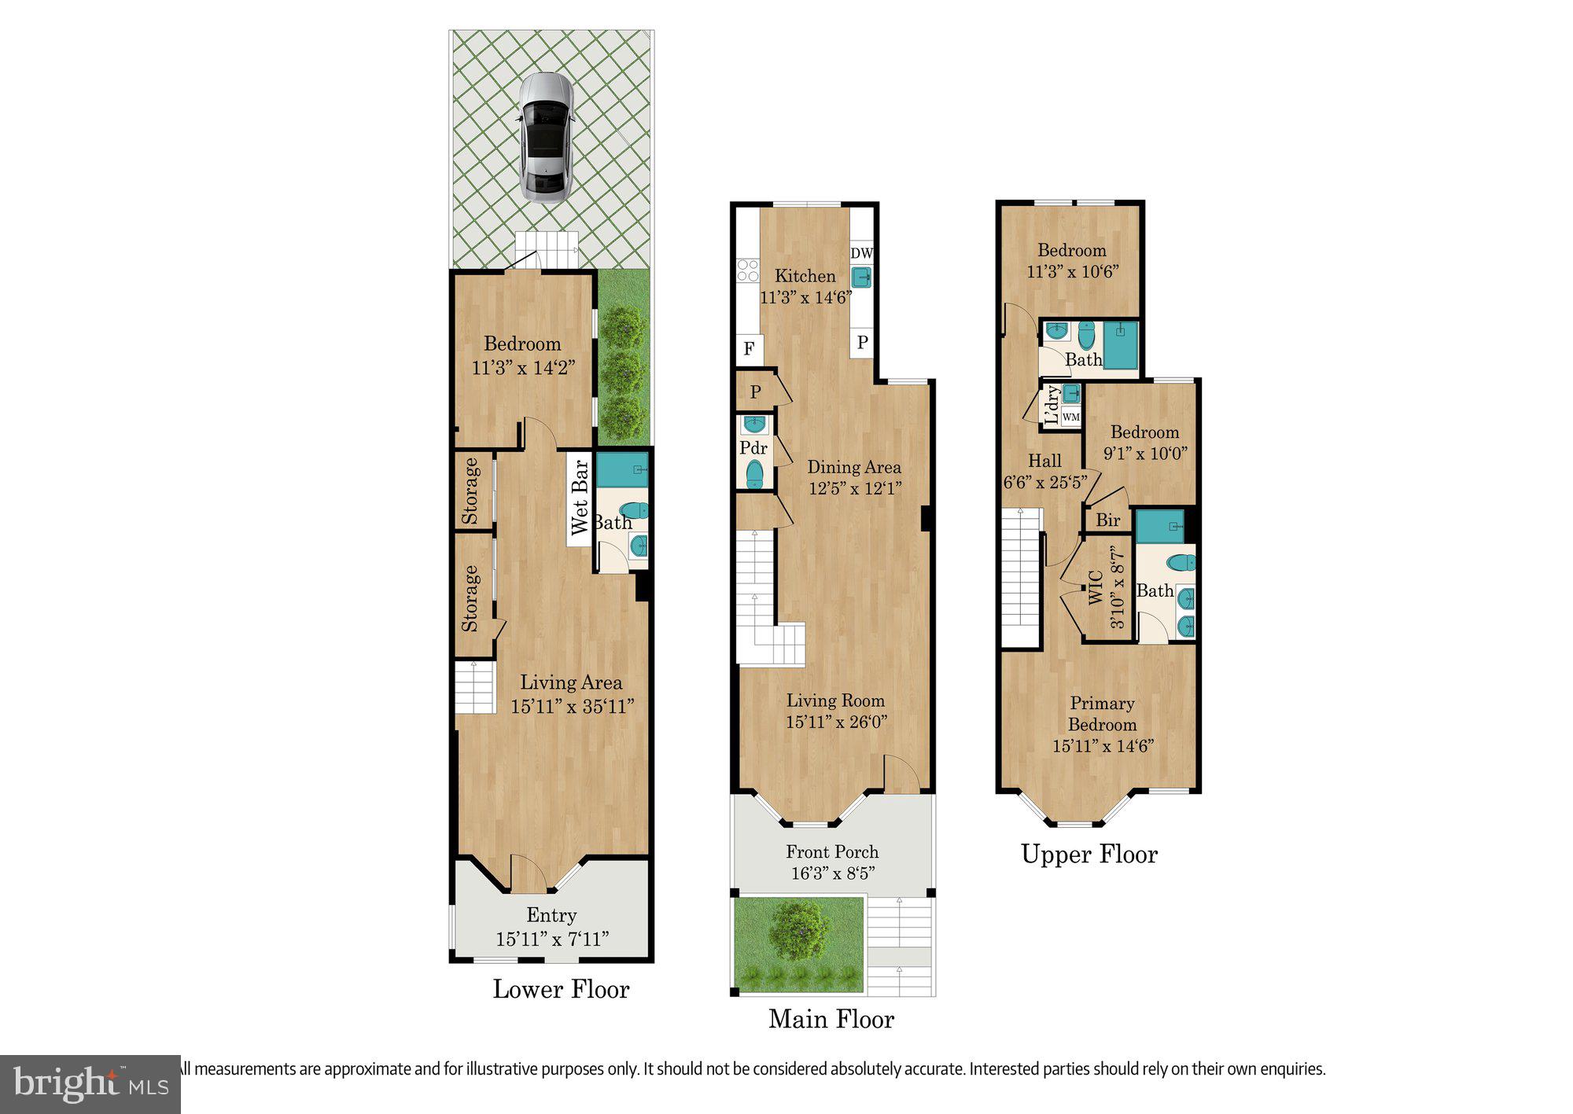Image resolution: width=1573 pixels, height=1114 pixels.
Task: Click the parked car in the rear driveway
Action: (545, 138)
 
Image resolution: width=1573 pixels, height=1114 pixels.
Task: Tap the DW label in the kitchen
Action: (861, 253)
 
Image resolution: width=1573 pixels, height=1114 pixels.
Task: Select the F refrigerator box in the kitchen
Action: (749, 348)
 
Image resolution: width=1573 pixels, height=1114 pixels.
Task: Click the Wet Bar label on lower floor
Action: (580, 498)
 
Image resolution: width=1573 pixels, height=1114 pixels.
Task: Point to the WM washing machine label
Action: (1070, 417)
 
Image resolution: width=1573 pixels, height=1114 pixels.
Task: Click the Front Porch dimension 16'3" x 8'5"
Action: (832, 873)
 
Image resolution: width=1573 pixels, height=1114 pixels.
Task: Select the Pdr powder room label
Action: (753, 448)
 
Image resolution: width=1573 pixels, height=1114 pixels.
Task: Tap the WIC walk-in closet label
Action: (1096, 586)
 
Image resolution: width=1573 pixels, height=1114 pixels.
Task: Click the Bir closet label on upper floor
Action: (1107, 520)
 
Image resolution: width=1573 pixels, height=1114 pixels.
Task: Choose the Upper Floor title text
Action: (1089, 854)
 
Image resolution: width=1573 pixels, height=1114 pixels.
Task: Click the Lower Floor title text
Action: (561, 989)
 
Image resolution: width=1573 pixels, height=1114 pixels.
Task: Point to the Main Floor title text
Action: (831, 1019)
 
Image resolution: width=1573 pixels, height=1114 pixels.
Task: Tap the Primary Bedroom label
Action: (1102, 713)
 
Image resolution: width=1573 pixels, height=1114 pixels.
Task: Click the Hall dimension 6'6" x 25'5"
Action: (1044, 482)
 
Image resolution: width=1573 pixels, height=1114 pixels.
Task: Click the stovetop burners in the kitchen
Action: (747, 270)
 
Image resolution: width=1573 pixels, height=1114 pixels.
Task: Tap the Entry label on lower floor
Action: (551, 915)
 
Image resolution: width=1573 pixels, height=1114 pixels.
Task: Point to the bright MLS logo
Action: (90, 1085)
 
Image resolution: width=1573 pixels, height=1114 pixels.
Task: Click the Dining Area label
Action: (853, 467)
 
